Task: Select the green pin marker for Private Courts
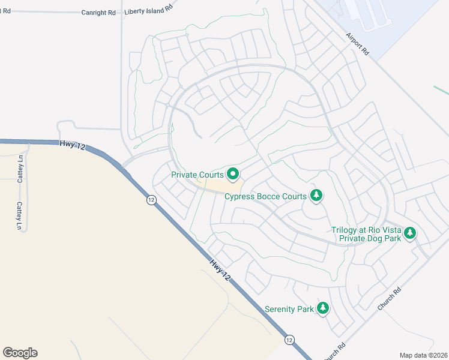pyautogui.click(x=233, y=175)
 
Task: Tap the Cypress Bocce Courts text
pyautogui.click(x=265, y=196)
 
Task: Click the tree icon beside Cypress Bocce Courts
pyautogui.click(x=316, y=195)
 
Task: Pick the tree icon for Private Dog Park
pyautogui.click(x=410, y=233)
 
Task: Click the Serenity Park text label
pyautogui.click(x=289, y=309)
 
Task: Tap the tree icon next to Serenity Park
pyautogui.click(x=323, y=308)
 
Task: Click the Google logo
pyautogui.click(x=20, y=353)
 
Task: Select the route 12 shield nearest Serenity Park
pyautogui.click(x=289, y=339)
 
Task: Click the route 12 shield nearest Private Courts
pyautogui.click(x=151, y=200)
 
